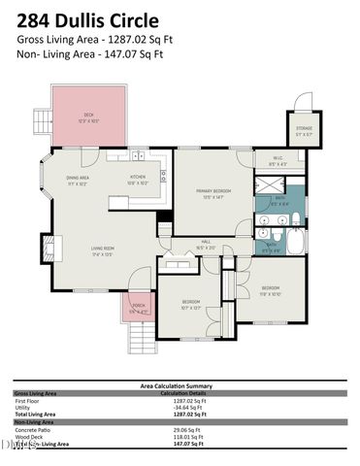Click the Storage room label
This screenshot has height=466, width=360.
click(x=303, y=132)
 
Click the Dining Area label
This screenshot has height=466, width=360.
click(x=78, y=181)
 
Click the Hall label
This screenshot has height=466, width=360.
click(x=206, y=246)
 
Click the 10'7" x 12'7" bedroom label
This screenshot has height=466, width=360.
click(x=189, y=309)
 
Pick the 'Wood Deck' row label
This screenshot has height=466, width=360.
click(x=30, y=437)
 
